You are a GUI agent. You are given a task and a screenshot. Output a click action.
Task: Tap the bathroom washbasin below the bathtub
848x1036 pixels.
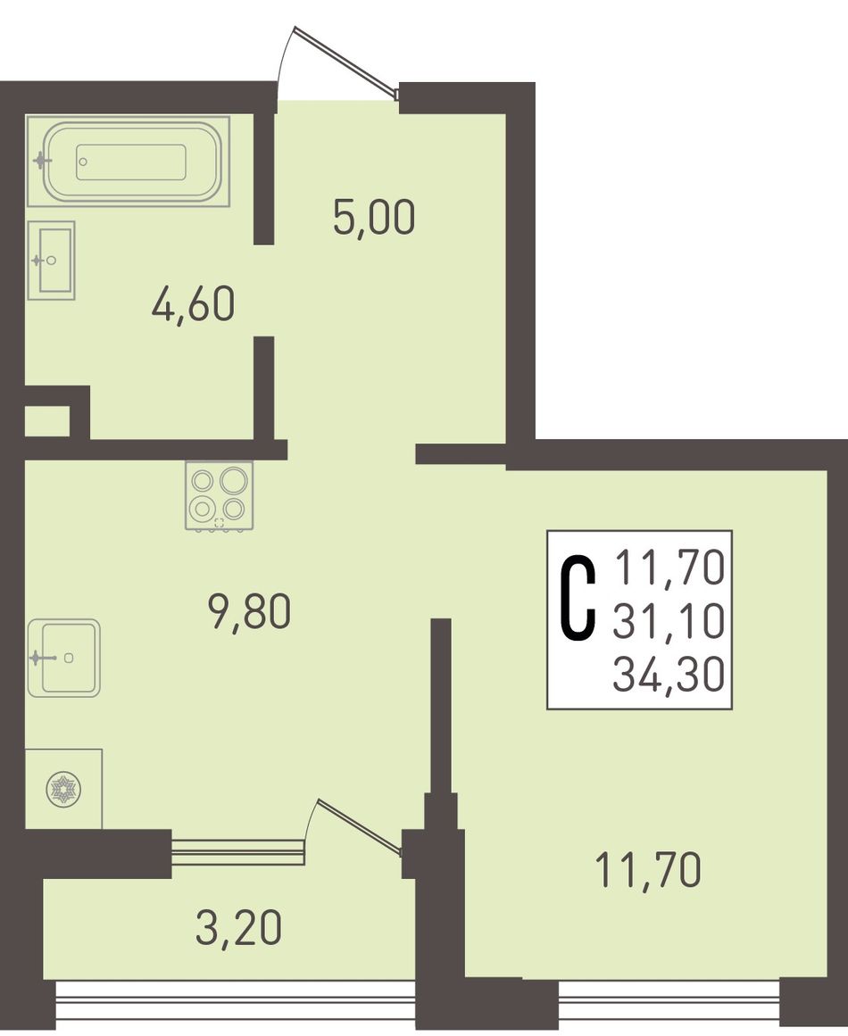[x=52, y=260]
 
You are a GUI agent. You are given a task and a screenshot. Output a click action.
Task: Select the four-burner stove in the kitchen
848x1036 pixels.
[x=220, y=495]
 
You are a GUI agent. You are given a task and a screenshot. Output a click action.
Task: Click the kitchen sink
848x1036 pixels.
[x=65, y=658]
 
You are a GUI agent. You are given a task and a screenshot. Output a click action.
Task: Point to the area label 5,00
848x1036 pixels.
[x=374, y=218]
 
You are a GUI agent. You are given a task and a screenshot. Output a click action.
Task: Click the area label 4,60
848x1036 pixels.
[x=193, y=305]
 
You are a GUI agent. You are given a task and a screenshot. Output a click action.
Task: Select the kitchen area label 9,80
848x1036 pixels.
[x=248, y=611]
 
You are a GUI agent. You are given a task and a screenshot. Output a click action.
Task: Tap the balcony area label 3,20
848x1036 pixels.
[x=239, y=927]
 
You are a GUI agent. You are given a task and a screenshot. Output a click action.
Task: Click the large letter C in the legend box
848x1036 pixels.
[x=578, y=599]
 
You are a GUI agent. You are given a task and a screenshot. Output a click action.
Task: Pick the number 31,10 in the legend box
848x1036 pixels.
[x=669, y=622]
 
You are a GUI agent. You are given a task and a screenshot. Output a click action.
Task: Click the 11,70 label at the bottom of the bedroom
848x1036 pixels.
[x=648, y=869]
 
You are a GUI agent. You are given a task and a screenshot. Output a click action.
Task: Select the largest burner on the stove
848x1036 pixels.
[x=234, y=480]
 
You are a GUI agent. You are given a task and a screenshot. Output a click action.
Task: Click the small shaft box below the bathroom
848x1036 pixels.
[x=47, y=421]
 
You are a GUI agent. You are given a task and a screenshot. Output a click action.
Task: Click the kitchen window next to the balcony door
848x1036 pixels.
[x=238, y=851]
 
